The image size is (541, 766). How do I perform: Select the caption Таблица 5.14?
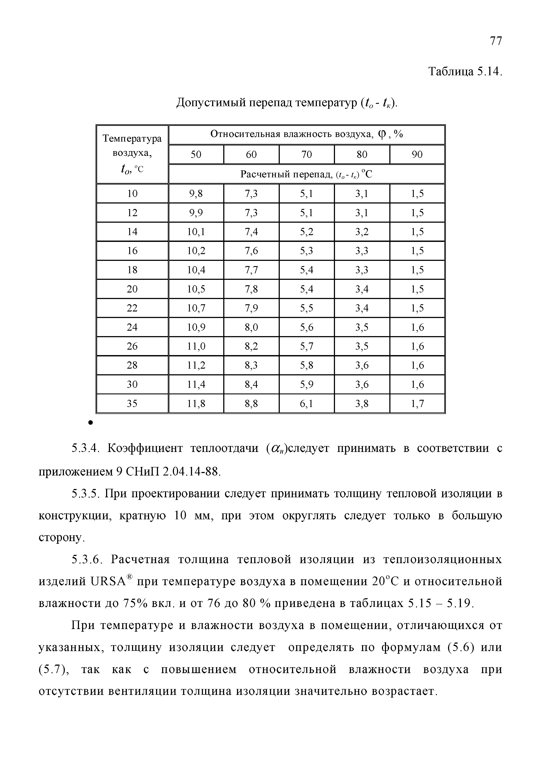click(465, 72)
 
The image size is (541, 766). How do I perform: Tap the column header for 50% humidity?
click(196, 154)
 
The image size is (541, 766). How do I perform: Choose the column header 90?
click(417, 154)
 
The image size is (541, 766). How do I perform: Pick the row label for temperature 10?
click(132, 193)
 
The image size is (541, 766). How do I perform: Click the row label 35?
click(132, 404)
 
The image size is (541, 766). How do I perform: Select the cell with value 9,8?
click(196, 193)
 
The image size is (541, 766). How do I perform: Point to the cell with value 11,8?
click(196, 404)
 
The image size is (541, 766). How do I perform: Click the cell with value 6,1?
click(306, 404)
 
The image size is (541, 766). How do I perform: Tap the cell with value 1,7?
click(417, 404)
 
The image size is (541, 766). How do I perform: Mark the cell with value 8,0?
click(251, 327)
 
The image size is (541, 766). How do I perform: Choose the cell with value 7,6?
click(251, 251)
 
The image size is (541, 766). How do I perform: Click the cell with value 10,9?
click(196, 327)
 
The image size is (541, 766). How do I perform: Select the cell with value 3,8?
click(362, 404)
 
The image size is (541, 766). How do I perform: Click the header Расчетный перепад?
click(286, 174)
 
